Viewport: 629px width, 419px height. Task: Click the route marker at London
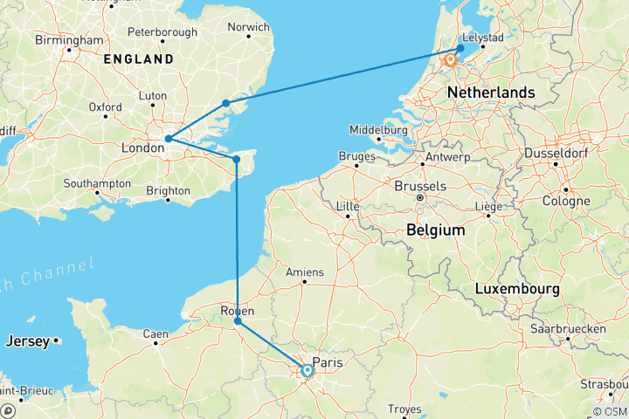168,139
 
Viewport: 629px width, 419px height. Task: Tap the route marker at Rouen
238,322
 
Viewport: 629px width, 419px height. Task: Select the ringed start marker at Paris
308,371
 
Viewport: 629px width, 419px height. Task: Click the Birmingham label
69,40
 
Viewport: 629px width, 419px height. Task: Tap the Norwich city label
248,27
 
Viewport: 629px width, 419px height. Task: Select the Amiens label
305,272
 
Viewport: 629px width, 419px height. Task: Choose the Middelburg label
379,130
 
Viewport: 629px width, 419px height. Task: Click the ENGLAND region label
139,59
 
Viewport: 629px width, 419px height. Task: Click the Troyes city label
404,409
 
